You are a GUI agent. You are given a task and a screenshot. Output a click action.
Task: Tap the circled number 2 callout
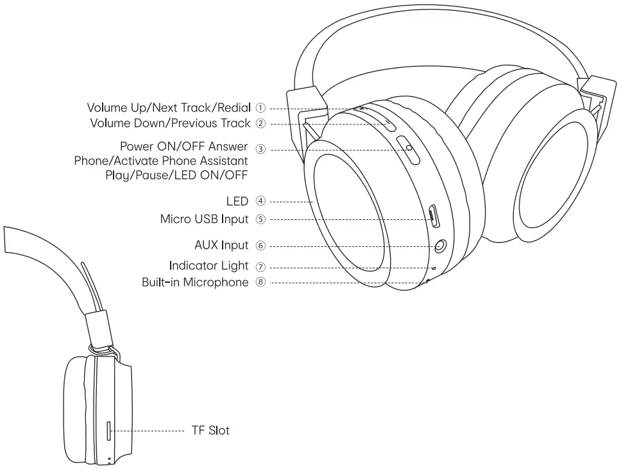click(261, 122)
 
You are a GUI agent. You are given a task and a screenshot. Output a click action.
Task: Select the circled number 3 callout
click(260, 149)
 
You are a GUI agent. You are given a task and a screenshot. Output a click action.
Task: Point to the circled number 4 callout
click(260, 201)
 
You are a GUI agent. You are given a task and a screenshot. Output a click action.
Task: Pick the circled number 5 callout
click(260, 219)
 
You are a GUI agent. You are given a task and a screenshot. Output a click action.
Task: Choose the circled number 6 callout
click(260, 246)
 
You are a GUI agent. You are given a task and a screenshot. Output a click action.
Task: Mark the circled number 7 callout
click(260, 266)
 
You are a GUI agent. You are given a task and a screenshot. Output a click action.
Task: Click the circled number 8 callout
click(260, 282)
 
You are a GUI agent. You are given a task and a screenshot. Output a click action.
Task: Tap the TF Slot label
click(210, 430)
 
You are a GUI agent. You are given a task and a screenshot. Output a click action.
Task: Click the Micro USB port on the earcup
click(434, 217)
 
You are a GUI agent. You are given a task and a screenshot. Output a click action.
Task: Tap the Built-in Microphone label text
click(195, 282)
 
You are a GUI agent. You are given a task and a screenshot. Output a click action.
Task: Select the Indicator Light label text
click(208, 266)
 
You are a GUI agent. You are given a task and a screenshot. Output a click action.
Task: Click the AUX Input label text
click(221, 246)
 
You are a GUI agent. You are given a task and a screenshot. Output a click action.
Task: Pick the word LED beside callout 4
click(237, 201)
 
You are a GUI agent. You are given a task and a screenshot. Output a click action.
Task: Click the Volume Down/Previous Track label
click(169, 122)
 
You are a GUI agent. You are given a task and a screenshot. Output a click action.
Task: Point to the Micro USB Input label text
click(203, 219)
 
